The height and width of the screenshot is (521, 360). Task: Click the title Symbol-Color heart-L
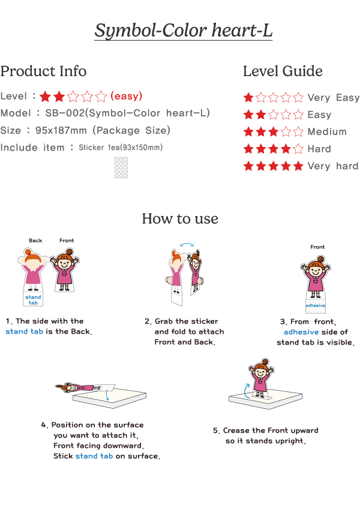[184, 31]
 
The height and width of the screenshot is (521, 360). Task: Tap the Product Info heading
[44, 71]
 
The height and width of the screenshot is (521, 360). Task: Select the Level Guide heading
[283, 71]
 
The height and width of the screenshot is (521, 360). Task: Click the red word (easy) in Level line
[126, 96]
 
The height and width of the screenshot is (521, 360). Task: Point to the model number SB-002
[65, 113]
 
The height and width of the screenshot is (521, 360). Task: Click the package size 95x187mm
[61, 130]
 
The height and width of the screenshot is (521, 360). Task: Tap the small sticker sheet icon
[121, 167]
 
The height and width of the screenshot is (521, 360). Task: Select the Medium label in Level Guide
[327, 131]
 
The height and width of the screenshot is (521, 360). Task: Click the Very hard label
[333, 166]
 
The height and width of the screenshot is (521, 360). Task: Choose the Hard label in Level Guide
[319, 149]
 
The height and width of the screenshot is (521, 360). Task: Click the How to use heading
[180, 218]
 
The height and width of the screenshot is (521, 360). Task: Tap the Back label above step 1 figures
[35, 241]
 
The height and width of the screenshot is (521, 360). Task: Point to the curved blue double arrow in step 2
[187, 244]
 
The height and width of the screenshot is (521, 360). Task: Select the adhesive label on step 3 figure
[316, 306]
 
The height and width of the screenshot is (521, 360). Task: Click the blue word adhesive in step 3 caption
[301, 332]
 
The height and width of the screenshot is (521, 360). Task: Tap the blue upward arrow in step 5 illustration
[246, 391]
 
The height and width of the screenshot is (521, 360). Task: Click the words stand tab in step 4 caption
[94, 456]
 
